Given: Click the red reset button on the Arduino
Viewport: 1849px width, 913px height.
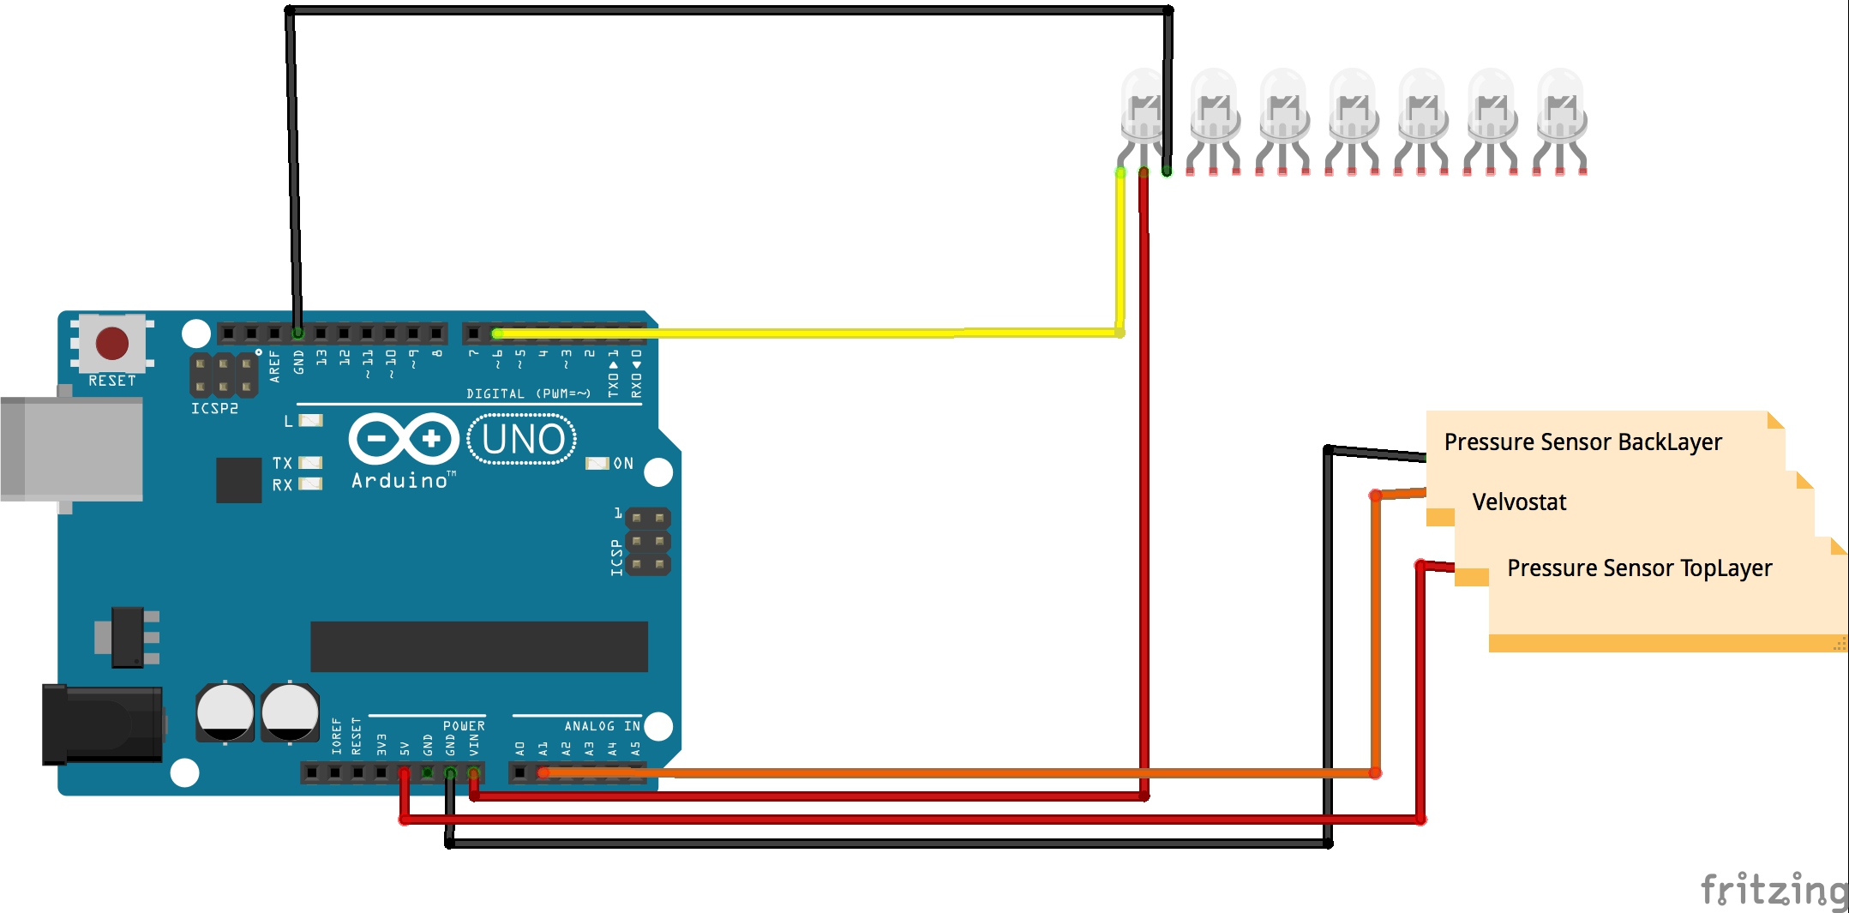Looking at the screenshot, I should click(112, 344).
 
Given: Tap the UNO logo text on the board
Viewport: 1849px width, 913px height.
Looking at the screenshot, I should click(522, 440).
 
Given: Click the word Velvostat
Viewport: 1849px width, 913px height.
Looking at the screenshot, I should click(1519, 502).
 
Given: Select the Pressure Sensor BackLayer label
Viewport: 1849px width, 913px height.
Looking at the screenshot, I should click(1582, 442).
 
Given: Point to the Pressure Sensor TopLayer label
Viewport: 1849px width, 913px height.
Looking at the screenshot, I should click(1639, 568).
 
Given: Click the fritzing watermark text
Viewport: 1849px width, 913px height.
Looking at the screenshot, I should click(1773, 890).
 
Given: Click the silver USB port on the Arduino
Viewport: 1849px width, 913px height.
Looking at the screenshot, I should click(72, 448).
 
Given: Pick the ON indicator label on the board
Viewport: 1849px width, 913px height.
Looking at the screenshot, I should click(623, 464).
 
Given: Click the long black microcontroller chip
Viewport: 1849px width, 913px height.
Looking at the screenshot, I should click(478, 646).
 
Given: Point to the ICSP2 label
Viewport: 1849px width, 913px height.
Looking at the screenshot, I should click(214, 409).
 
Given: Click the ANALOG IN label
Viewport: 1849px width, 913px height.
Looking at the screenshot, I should click(602, 726).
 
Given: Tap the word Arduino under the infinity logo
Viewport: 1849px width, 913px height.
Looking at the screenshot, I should click(399, 481).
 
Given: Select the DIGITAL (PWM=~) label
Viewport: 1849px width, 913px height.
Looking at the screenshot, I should click(528, 393).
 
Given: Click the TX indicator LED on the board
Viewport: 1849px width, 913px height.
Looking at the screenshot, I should click(310, 463).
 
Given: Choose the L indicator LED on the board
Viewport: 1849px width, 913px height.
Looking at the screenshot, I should click(310, 420).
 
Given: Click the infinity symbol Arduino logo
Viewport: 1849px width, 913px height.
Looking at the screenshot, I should click(404, 439).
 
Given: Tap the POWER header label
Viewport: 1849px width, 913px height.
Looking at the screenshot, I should click(464, 726).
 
